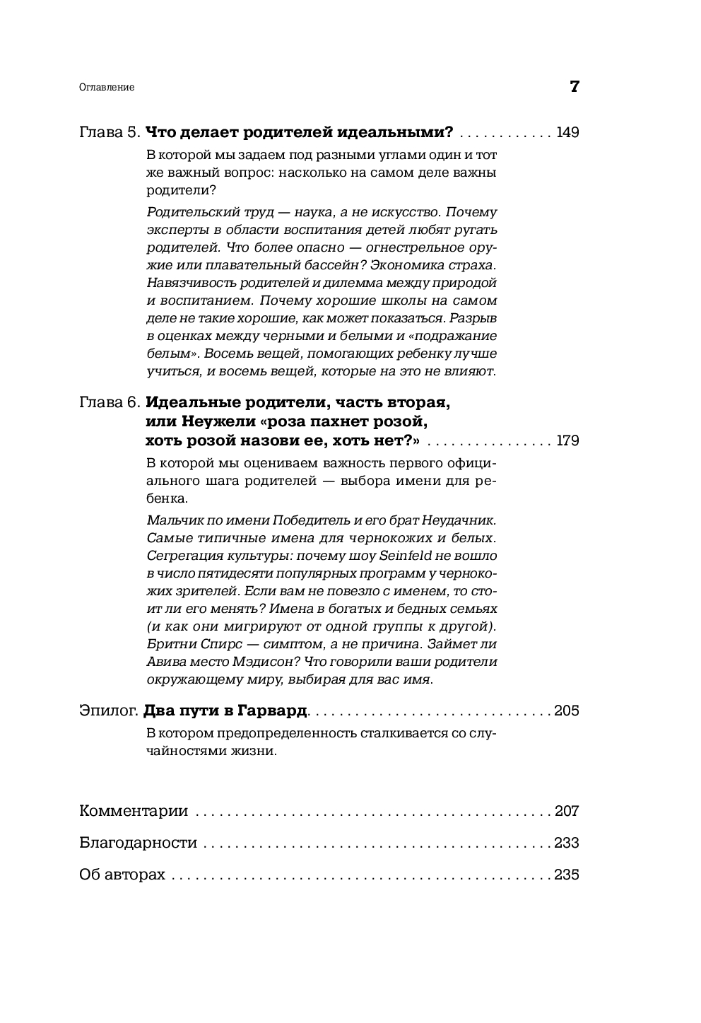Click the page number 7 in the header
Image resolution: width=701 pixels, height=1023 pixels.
[574, 87]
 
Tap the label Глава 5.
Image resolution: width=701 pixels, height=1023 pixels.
[110, 132]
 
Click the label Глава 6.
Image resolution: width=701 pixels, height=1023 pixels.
[110, 403]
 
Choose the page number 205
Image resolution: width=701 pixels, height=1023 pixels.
[567, 711]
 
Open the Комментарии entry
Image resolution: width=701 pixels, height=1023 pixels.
[134, 811]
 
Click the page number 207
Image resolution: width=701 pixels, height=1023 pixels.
[567, 811]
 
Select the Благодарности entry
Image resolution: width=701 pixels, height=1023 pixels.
[138, 843]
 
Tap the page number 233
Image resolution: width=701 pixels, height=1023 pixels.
[567, 843]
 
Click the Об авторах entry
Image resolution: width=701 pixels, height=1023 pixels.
[122, 875]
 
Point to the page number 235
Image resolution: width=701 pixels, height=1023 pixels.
[567, 875]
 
